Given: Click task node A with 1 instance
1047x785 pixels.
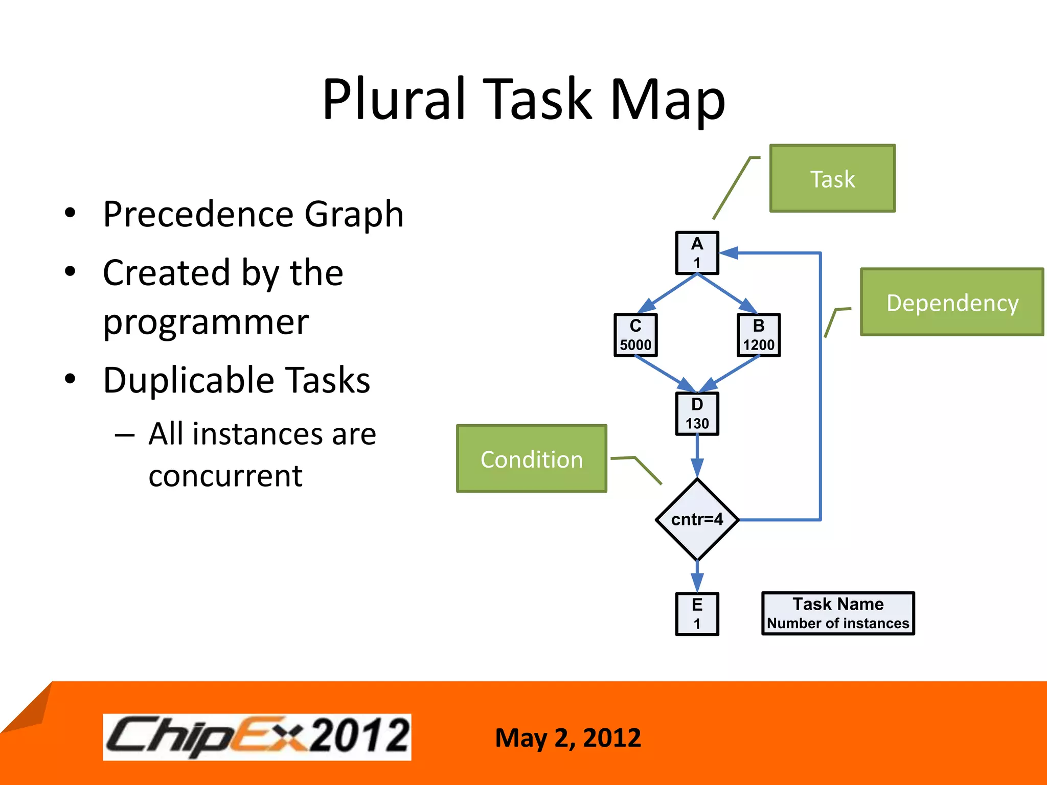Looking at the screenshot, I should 697,253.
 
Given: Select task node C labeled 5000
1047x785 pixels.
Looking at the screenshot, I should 635,335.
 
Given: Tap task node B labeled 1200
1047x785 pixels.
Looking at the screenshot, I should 759,335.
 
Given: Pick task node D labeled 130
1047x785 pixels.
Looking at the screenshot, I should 697,413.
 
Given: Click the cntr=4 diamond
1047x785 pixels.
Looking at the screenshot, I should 697,519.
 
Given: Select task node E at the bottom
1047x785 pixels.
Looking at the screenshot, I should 697,614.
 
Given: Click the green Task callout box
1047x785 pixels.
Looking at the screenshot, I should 832,178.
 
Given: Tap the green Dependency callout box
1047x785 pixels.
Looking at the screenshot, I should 952,302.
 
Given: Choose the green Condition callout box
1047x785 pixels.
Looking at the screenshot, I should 532,458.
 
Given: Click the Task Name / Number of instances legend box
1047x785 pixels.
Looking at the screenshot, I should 838,613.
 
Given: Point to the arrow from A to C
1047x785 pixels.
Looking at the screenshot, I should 668,293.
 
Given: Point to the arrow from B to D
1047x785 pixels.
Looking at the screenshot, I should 730,374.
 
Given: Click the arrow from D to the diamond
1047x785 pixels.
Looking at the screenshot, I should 697,455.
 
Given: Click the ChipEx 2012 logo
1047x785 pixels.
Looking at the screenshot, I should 257,736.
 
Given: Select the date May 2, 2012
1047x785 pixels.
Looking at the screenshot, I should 568,737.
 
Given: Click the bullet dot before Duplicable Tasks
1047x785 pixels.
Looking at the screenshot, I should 71,379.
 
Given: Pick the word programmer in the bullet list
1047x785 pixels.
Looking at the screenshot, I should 206,322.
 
